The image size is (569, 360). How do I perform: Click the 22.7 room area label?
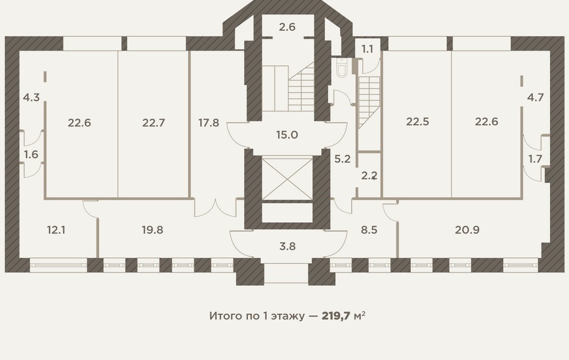pyautogui.click(x=154, y=123)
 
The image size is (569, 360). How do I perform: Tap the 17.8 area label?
pyautogui.click(x=209, y=123)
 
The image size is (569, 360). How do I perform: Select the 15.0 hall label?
pyautogui.click(x=287, y=135)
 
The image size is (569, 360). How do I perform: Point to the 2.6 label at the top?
pyautogui.click(x=287, y=27)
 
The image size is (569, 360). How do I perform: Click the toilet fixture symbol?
pyautogui.click(x=342, y=68)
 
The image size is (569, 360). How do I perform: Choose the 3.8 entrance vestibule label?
pyautogui.click(x=288, y=246)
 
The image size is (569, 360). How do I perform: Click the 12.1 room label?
pyautogui.click(x=56, y=230)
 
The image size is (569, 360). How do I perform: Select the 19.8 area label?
pyautogui.click(x=152, y=230)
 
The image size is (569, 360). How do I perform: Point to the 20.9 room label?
pyautogui.click(x=467, y=230)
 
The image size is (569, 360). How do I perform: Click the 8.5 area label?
pyautogui.click(x=369, y=230)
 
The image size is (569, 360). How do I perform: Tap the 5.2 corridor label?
pyautogui.click(x=342, y=159)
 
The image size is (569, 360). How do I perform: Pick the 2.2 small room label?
pyautogui.click(x=369, y=176)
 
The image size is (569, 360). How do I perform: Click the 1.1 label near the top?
pyautogui.click(x=367, y=49)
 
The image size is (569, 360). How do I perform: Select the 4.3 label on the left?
pyautogui.click(x=31, y=97)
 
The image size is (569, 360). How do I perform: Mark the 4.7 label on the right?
pyautogui.click(x=535, y=97)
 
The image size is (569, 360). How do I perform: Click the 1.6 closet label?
pyautogui.click(x=31, y=154)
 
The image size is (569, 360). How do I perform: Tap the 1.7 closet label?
pyautogui.click(x=535, y=159)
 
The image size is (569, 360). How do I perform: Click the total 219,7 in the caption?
pyautogui.click(x=336, y=316)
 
